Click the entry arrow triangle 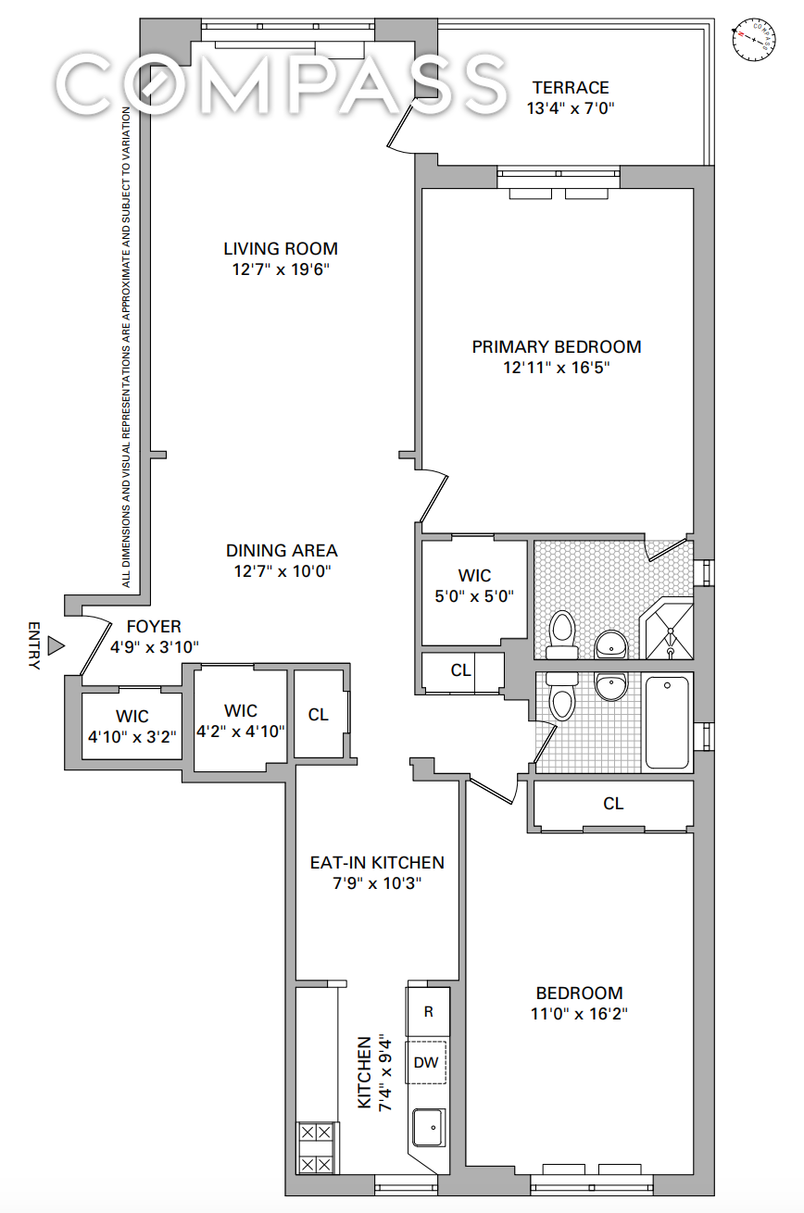pyautogui.click(x=56, y=645)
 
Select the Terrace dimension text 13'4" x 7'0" pyautogui.click(x=571, y=108)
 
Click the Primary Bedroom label pyautogui.click(x=557, y=346)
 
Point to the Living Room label pyautogui.click(x=281, y=248)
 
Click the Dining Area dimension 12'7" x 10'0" pyautogui.click(x=283, y=570)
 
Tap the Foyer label pyautogui.click(x=154, y=627)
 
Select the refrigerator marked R pyautogui.click(x=428, y=1011)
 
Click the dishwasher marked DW pyautogui.click(x=426, y=1062)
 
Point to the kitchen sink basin pyautogui.click(x=429, y=1128)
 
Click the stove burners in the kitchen pyautogui.click(x=316, y=1147)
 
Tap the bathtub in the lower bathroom pyautogui.click(x=667, y=722)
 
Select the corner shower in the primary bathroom pyautogui.click(x=668, y=628)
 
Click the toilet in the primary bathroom pyautogui.click(x=562, y=634)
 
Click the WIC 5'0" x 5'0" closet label pyautogui.click(x=474, y=585)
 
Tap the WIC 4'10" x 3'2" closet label pyautogui.click(x=132, y=726)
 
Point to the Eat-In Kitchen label pyautogui.click(x=377, y=863)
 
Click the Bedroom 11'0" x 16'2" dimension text pyautogui.click(x=579, y=1014)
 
